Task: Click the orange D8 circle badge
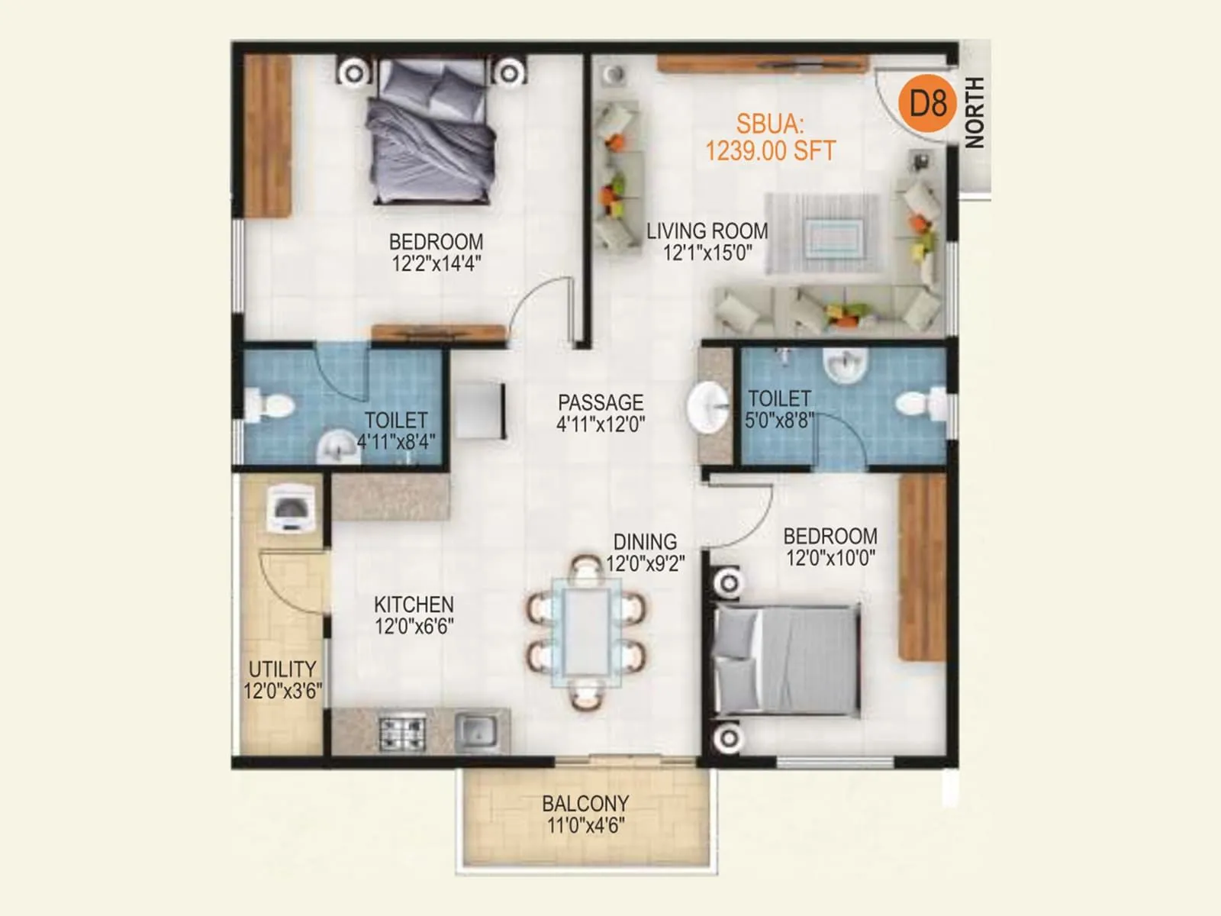pyautogui.click(x=926, y=102)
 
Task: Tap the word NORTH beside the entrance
pyautogui.click(x=975, y=112)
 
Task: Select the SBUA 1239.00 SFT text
pyautogui.click(x=770, y=138)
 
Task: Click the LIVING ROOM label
pyautogui.click(x=707, y=241)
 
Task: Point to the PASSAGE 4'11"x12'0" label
pyautogui.click(x=601, y=413)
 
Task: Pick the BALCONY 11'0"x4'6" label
pyautogui.click(x=585, y=814)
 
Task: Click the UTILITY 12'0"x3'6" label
pyautogui.click(x=282, y=679)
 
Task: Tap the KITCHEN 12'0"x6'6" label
pyautogui.click(x=414, y=615)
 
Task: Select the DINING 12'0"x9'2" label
pyautogui.click(x=646, y=553)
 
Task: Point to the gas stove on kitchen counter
pyautogui.click(x=402, y=733)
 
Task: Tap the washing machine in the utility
pyautogui.click(x=290, y=508)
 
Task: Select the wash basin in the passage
pyautogui.click(x=708, y=407)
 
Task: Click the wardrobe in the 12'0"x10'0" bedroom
pyautogui.click(x=922, y=566)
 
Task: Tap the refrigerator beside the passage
pyautogui.click(x=480, y=410)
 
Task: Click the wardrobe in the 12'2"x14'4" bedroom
pyautogui.click(x=267, y=136)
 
